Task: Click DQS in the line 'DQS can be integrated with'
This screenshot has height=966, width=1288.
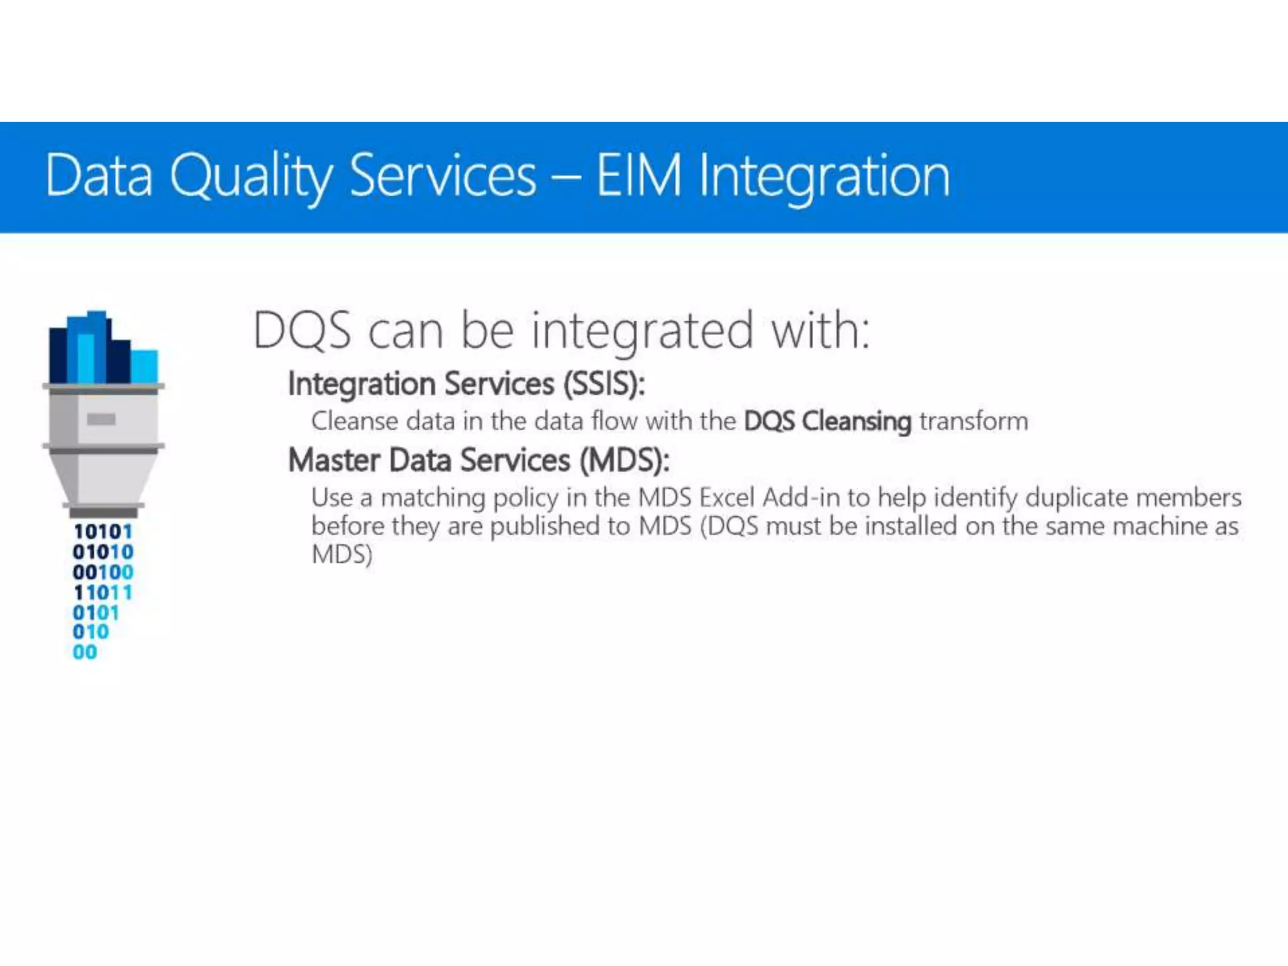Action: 302,330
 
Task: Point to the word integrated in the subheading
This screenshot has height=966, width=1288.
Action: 642,330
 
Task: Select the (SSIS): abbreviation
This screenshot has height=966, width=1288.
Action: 604,384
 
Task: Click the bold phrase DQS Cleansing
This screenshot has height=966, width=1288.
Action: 827,421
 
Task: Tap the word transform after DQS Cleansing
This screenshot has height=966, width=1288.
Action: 974,421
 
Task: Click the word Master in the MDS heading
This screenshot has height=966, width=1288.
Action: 334,460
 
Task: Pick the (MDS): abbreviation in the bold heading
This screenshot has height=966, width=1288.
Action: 624,460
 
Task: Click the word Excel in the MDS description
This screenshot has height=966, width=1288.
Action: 727,497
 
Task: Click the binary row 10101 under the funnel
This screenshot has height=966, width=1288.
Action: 103,532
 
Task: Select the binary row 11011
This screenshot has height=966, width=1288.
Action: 103,592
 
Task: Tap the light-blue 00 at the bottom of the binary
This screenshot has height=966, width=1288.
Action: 85,652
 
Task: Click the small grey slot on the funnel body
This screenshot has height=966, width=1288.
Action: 101,419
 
